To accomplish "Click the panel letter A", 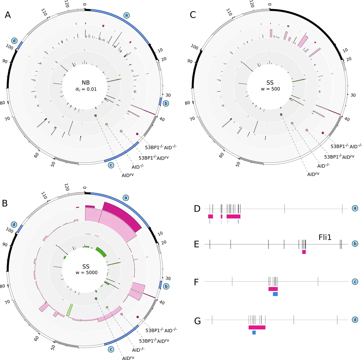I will click(8, 15).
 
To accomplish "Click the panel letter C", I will click(193, 15).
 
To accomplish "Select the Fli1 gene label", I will click(325, 237).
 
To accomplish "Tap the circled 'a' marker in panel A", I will click(126, 15).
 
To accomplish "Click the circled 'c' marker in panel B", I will click(111, 349).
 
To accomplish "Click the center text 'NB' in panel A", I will click(86, 83).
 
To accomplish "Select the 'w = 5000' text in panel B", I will click(86, 273).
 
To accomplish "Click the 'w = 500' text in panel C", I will click(271, 89).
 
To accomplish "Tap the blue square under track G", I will click(254, 332).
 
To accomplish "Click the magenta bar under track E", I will click(304, 252).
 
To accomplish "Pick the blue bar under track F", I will click(275, 294).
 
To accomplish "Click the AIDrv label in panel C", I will click(313, 174).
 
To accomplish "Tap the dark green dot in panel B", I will click(96, 299).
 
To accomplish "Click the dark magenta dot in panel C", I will click(322, 133).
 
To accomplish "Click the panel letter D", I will click(197, 208).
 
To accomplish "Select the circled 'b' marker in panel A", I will click(166, 103).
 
